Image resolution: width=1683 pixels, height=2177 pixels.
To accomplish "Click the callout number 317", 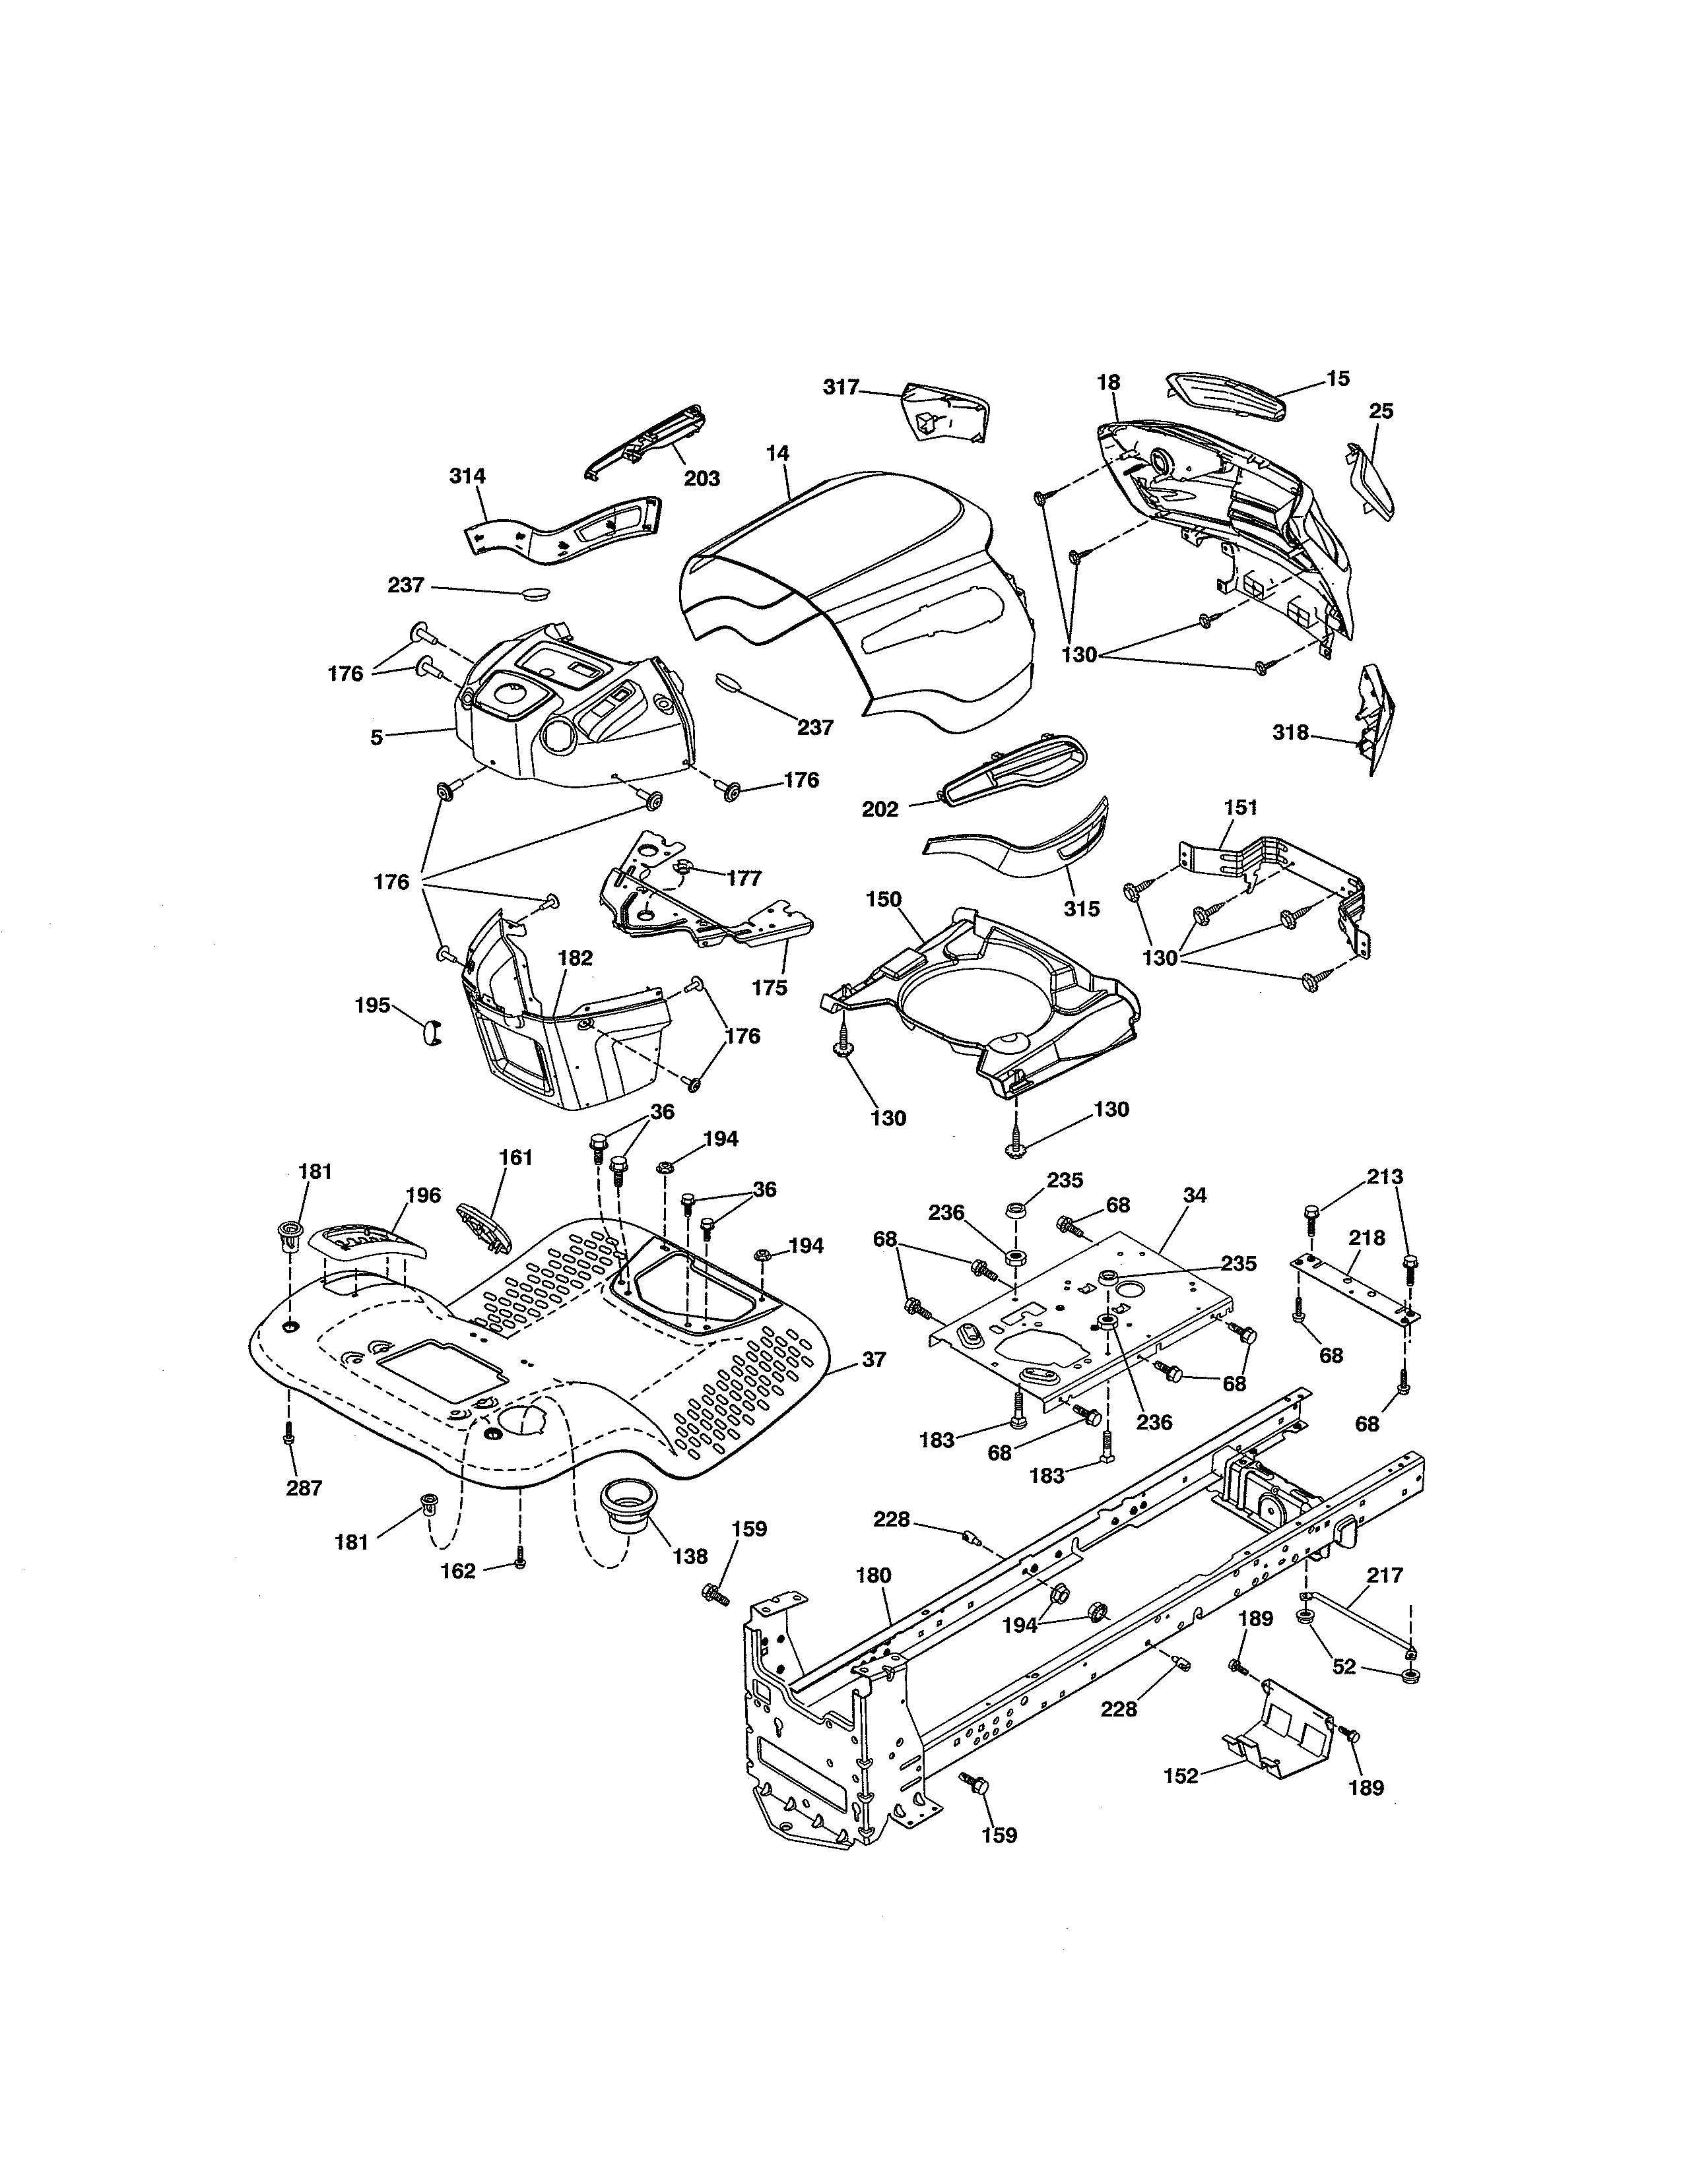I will [840, 388].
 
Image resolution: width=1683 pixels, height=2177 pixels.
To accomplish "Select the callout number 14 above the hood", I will [777, 454].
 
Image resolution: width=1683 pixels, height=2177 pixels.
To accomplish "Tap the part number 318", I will [1290, 733].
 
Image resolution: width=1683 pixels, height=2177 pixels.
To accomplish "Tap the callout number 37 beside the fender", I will [873, 1358].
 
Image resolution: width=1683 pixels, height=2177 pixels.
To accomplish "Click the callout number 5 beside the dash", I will [376, 739].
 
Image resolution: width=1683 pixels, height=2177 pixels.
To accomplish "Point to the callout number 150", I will [883, 899].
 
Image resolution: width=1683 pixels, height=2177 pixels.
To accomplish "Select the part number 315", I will [1082, 908].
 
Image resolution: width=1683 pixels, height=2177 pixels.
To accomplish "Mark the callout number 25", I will [1381, 411].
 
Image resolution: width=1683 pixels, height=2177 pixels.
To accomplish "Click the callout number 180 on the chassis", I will [873, 1576].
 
